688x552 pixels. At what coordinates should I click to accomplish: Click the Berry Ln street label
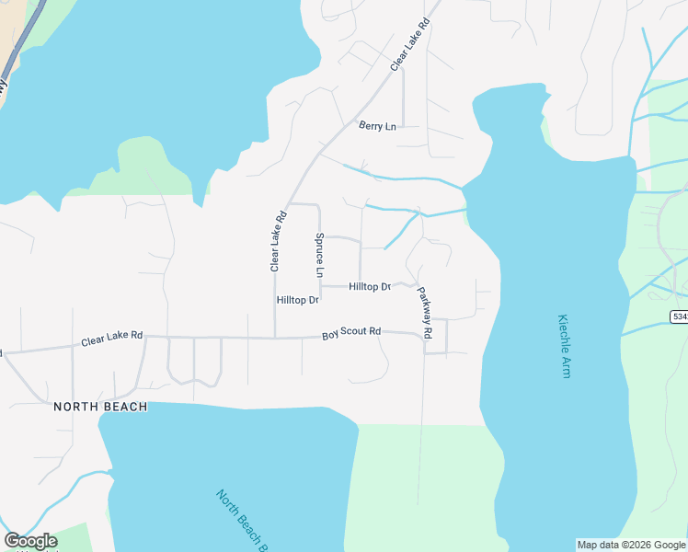pyautogui.click(x=377, y=126)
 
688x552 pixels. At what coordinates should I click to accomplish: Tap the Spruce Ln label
pyautogui.click(x=319, y=255)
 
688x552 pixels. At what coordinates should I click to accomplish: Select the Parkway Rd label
pyautogui.click(x=425, y=309)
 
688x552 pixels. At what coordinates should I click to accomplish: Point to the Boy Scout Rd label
pyautogui.click(x=350, y=332)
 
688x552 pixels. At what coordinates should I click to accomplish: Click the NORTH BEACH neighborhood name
pyautogui.click(x=100, y=407)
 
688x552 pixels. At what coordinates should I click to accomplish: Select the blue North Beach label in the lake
pyautogui.click(x=242, y=521)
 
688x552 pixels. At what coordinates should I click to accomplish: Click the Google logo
pyautogui.click(x=30, y=541)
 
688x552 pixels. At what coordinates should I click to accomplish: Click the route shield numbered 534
pyautogui.click(x=679, y=316)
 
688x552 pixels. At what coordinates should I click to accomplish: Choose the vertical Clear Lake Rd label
pyautogui.click(x=274, y=241)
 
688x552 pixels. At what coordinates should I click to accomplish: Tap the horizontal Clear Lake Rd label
pyautogui.click(x=111, y=339)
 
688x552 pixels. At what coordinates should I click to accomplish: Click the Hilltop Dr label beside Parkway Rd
pyautogui.click(x=370, y=287)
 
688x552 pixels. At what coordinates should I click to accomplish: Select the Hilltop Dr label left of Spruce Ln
pyautogui.click(x=297, y=301)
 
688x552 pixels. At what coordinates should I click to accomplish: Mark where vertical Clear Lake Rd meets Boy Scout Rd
pyautogui.click(x=275, y=338)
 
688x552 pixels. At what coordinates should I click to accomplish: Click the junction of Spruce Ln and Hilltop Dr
pyautogui.click(x=320, y=286)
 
